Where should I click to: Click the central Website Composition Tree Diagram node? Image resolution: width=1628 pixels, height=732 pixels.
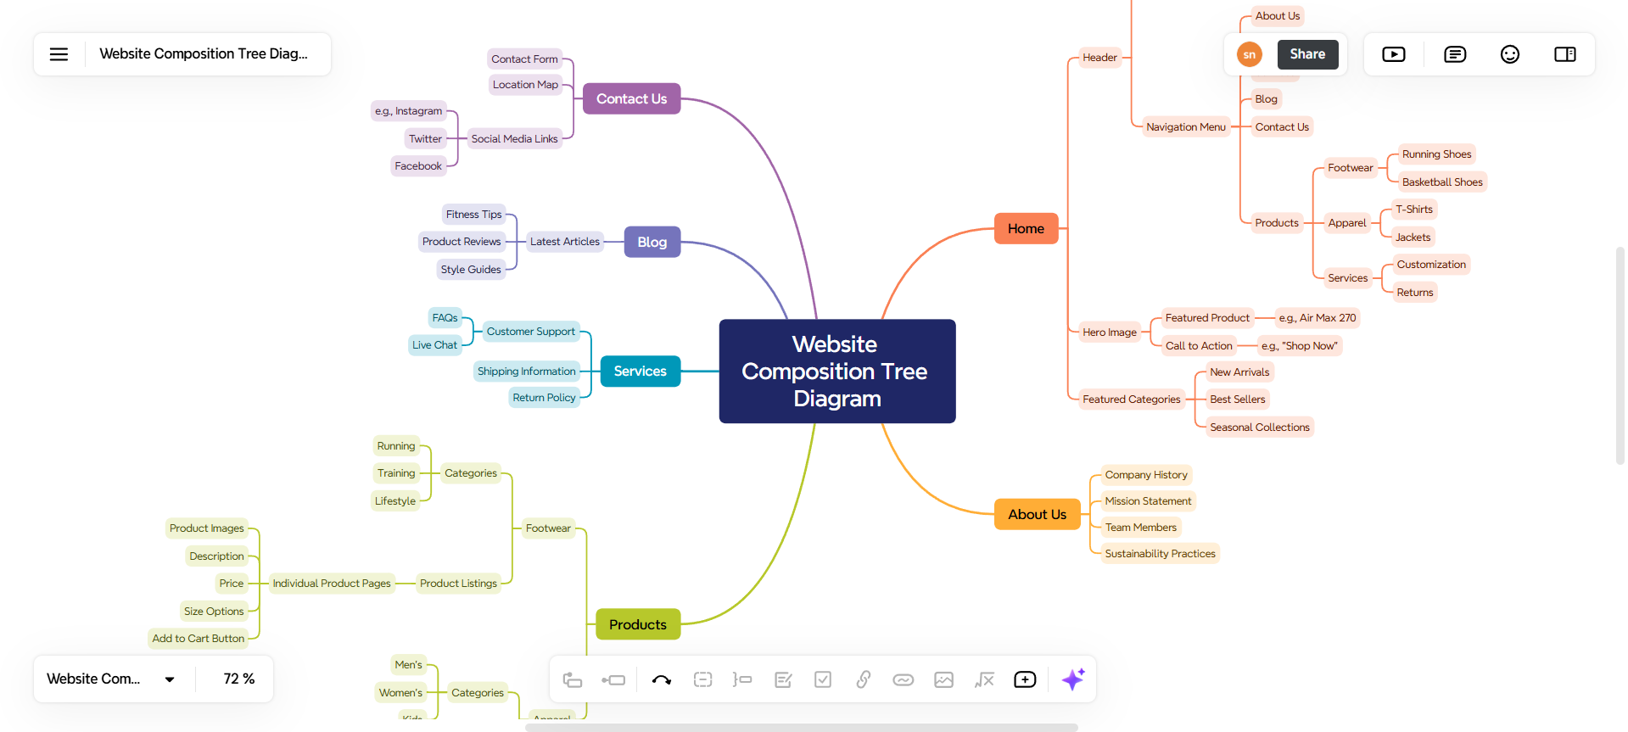[836, 372]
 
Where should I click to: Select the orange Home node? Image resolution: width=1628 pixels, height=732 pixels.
[1026, 229]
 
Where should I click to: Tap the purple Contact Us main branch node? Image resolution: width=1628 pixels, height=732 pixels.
[631, 99]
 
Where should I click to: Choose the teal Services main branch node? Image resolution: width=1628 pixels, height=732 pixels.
[640, 372]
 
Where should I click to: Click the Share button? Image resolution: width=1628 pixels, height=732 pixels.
[1306, 54]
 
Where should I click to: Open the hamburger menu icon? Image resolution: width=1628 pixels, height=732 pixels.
[59, 54]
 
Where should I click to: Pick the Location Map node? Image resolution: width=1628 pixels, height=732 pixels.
[525, 85]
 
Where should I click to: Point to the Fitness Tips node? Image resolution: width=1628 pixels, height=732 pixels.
[473, 215]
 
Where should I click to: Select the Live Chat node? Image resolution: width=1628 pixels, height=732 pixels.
[434, 345]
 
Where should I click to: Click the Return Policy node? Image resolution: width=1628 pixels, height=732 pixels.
[544, 398]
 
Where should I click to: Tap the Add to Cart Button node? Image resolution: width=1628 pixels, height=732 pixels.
[199, 639]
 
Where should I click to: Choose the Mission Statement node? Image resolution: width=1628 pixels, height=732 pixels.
[1148, 501]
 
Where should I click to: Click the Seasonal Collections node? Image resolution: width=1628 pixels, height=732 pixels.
[1259, 427]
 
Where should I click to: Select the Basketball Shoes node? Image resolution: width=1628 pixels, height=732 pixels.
[1441, 182]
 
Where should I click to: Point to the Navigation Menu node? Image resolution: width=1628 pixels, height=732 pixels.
[1185, 127]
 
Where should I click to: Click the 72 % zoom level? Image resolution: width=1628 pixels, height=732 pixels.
[238, 679]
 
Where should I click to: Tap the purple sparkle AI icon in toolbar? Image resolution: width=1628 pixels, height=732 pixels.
[1073, 679]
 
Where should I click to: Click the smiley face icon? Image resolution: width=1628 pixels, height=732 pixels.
[1509, 54]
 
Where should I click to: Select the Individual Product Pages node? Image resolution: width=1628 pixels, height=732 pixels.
[332, 584]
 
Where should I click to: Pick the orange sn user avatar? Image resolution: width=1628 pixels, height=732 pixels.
[1249, 54]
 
